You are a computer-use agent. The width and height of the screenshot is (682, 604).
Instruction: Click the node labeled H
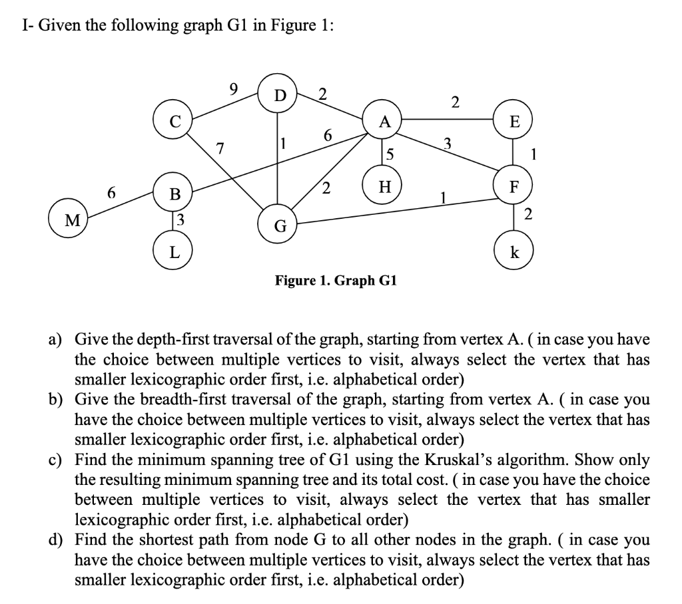click(x=384, y=188)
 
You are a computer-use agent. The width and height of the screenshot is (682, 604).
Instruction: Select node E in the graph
click(x=513, y=120)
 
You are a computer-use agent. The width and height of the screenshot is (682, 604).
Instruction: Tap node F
click(x=513, y=187)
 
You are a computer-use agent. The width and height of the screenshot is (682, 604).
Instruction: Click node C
click(x=174, y=120)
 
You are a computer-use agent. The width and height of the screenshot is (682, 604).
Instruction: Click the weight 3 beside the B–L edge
click(x=180, y=219)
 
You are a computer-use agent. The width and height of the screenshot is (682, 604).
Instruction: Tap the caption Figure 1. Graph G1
click(x=336, y=280)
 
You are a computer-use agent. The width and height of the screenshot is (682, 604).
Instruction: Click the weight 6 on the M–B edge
click(x=112, y=192)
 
